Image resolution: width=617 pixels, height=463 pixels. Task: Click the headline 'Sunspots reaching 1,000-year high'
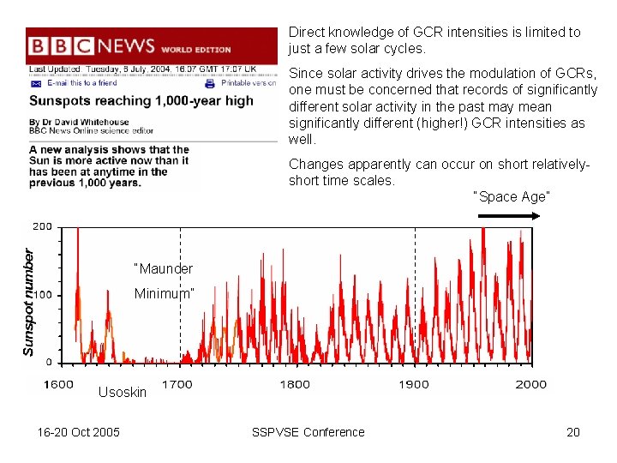coord(141,100)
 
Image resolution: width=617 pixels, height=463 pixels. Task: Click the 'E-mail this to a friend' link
coord(81,83)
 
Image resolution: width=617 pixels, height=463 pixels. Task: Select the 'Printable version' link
coord(248,83)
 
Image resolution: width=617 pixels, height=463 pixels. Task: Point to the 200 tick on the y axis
coord(42,227)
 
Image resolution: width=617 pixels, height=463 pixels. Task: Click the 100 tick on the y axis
coord(42,295)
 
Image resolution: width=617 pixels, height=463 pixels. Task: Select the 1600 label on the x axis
coord(58,384)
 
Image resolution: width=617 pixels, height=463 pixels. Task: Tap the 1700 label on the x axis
coord(177,384)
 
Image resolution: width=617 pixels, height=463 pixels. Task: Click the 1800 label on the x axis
coord(295,384)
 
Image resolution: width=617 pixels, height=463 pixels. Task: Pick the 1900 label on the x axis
coord(413,384)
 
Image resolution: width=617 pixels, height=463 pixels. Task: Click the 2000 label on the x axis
coord(530,384)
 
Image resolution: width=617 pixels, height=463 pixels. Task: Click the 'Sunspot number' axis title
coord(28,303)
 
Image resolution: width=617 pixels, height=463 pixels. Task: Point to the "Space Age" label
coord(512,196)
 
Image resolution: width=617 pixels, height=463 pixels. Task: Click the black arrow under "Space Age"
coord(509,216)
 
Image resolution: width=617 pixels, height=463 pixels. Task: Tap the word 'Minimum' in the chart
coord(164,293)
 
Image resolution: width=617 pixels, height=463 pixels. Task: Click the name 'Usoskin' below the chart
coord(123,392)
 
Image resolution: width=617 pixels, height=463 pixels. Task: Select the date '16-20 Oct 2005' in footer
coord(79,432)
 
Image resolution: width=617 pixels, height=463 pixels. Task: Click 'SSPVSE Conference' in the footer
coord(308,432)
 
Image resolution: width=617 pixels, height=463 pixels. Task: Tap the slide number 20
coord(573,432)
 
